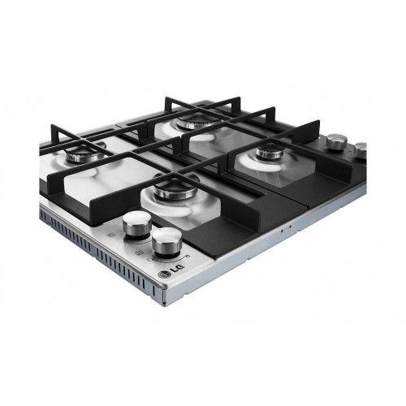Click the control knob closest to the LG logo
tap(167, 242)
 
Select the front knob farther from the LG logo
tap(137, 224)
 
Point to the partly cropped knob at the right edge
tap(361, 150)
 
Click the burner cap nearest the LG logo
tap(176, 188)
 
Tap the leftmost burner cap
tap(85, 155)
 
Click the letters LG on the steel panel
tap(177, 269)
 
